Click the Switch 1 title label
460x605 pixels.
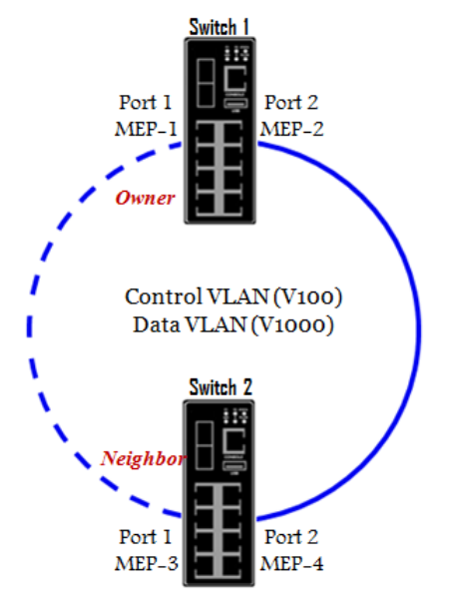pos(219,27)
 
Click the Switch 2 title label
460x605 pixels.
pos(221,387)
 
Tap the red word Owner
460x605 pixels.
pos(145,198)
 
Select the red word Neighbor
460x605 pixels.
pos(143,459)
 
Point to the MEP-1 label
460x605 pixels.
pos(146,129)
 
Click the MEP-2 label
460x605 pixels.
pos(292,129)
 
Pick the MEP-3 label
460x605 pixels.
pos(147,563)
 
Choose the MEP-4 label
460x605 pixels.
pos(292,563)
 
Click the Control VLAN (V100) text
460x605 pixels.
pos(233,298)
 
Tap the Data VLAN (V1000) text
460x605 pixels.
pos(233,324)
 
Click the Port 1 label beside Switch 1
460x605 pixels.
pos(146,103)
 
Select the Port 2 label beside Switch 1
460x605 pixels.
pos(291,103)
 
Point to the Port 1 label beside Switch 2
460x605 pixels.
pos(146,537)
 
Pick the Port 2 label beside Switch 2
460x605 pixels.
pos(291,537)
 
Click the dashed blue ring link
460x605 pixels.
pos(29,328)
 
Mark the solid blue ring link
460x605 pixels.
pos(418,328)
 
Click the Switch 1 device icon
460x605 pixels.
pos(220,131)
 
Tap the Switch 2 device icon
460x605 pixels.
pos(219,493)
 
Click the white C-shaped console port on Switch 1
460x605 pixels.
pos(235,79)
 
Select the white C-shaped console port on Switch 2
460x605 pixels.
pos(234,441)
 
